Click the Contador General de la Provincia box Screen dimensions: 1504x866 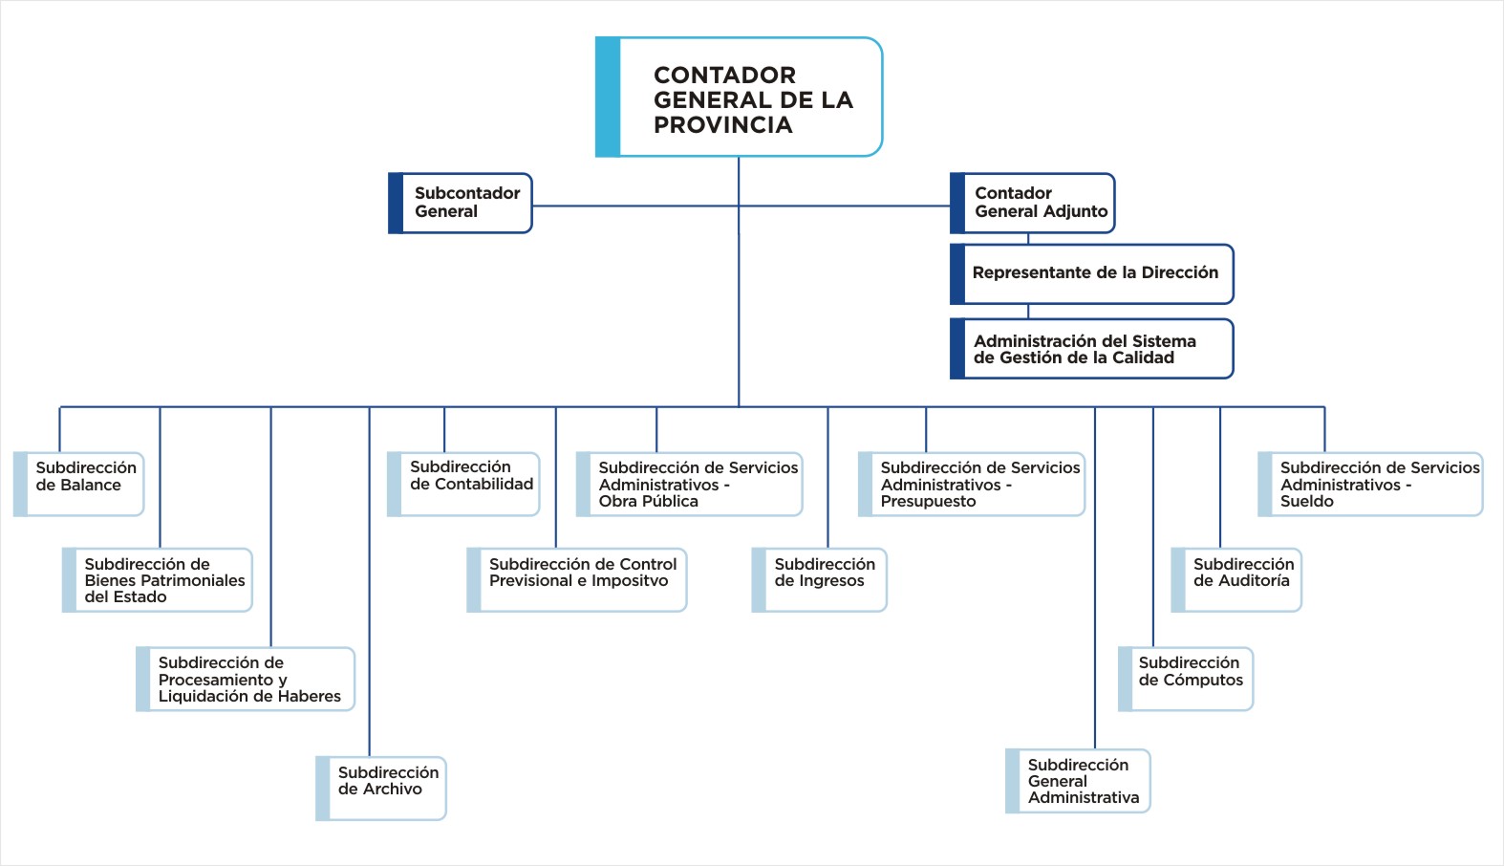pos(739,97)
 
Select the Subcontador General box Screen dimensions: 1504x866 pos(460,203)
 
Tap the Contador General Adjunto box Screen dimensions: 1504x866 pos(1033,203)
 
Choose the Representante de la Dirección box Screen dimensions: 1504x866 pos(1092,273)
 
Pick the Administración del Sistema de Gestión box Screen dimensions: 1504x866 pos(1092,349)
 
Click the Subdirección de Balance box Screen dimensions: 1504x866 pos(78,484)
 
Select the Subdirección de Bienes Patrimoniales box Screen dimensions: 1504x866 pos(157,580)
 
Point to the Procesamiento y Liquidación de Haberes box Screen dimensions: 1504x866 pos(245,679)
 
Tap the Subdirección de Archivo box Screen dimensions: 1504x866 pos(380,788)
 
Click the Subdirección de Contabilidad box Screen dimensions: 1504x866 pos(463,484)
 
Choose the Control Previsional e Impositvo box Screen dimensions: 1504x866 pos(577,580)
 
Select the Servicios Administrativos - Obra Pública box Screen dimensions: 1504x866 pos(690,484)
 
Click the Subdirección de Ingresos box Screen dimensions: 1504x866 pos(819,580)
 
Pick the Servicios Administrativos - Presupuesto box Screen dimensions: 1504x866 pos(972,484)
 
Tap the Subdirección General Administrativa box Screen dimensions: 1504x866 pos(1078,781)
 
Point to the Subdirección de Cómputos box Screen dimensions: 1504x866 pos(1186,679)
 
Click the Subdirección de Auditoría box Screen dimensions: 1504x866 pos(1236,580)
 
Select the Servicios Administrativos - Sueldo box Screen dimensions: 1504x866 pos(1370,484)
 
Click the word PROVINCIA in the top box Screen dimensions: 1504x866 pos(723,125)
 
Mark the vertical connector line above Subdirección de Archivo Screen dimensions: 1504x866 pos(369,582)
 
